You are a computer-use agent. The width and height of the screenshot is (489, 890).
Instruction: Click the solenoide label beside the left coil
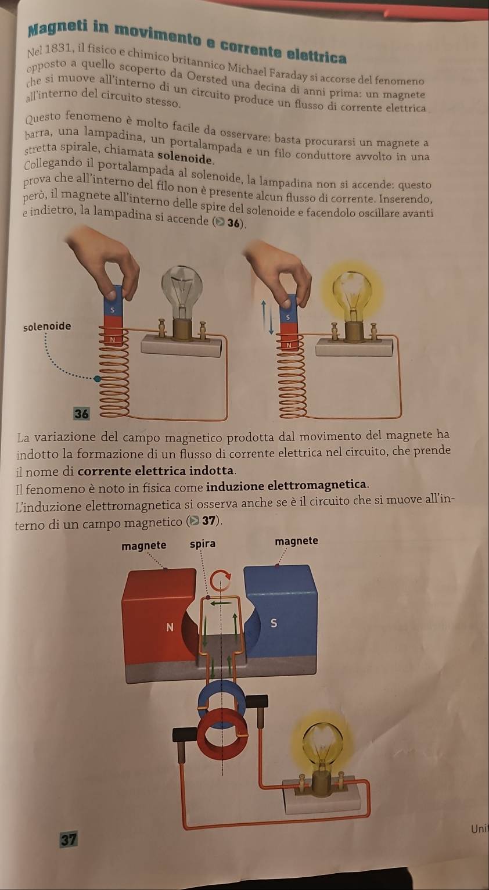click(x=47, y=326)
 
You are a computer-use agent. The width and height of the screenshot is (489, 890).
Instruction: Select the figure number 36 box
click(x=81, y=414)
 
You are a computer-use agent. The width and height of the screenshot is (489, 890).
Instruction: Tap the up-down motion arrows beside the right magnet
click(x=267, y=317)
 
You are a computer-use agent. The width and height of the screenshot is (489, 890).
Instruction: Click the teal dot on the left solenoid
click(x=96, y=379)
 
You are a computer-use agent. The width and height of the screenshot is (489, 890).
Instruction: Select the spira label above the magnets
click(x=203, y=544)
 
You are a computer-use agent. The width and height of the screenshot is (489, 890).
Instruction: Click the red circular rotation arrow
click(x=220, y=580)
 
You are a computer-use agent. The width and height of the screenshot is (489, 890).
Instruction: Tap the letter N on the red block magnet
click(x=170, y=627)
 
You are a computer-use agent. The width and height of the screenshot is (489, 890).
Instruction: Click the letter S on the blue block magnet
click(x=274, y=623)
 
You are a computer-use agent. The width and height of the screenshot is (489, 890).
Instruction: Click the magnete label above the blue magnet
click(x=296, y=541)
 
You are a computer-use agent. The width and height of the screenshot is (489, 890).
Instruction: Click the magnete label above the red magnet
click(x=144, y=546)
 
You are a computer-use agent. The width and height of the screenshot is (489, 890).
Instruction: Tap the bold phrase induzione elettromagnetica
click(x=287, y=485)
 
